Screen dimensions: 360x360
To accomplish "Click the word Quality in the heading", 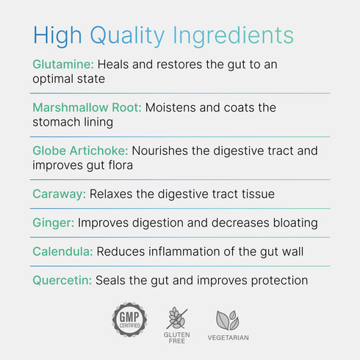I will [x=127, y=35].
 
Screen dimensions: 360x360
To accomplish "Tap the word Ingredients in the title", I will [x=233, y=35].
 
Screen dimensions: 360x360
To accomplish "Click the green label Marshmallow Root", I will [x=87, y=107].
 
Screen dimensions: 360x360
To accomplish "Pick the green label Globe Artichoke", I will [x=80, y=151].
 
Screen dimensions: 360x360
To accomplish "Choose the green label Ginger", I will [x=53, y=223].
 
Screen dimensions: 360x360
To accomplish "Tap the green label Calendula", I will [x=62, y=251].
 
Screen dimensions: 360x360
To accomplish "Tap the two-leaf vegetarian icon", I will [x=227, y=319].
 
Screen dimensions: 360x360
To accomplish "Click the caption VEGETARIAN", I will [x=227, y=338].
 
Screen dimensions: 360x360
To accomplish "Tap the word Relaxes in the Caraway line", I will [x=112, y=194].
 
